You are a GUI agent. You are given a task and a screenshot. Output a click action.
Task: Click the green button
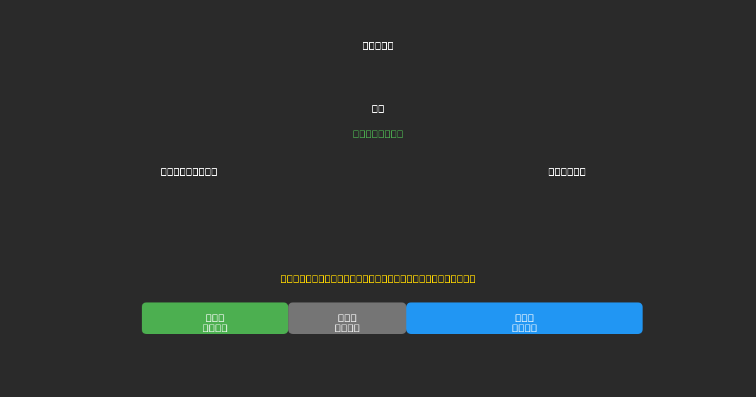(x=215, y=318)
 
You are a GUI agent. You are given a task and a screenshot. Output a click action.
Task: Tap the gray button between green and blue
(x=347, y=318)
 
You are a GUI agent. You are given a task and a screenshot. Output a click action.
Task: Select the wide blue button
(x=524, y=318)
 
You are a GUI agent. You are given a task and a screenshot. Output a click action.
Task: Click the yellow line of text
(x=378, y=279)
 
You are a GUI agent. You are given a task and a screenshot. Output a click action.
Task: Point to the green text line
(x=378, y=134)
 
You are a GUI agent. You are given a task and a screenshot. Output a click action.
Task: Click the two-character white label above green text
(x=378, y=108)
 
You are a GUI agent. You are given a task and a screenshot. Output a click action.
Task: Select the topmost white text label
(x=378, y=45)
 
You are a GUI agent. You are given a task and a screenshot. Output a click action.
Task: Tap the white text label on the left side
(x=189, y=171)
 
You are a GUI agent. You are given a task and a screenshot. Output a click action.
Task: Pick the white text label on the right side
(x=567, y=171)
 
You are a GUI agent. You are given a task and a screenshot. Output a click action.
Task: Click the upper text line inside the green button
(x=215, y=318)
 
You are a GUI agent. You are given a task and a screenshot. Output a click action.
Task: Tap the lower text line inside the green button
(x=215, y=328)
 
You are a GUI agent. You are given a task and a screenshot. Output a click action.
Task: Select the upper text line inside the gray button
(x=347, y=318)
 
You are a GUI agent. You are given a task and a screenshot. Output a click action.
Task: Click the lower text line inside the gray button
(x=347, y=328)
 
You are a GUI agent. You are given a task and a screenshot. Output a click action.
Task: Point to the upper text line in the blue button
(x=524, y=318)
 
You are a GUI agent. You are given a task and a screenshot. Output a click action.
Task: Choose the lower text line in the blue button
(x=524, y=328)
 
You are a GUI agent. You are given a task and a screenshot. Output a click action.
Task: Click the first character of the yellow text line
(x=283, y=279)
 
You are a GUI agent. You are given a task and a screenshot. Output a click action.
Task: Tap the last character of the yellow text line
(x=472, y=279)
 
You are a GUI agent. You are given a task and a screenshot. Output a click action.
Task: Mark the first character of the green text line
(x=356, y=134)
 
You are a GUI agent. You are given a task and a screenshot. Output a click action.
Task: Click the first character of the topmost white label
(x=365, y=45)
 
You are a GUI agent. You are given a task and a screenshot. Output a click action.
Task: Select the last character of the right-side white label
(x=583, y=171)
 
